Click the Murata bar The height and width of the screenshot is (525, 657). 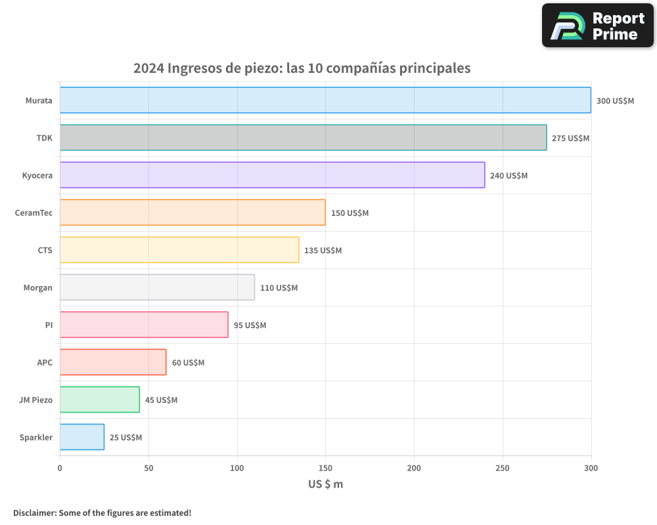(325, 100)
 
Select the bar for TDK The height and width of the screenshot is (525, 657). (303, 138)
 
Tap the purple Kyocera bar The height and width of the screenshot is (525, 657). (272, 175)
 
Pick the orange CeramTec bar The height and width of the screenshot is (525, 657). (193, 213)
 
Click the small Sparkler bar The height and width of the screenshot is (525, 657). (82, 437)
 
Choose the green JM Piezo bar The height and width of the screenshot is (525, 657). (100, 400)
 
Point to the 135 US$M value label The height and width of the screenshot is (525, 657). (323, 251)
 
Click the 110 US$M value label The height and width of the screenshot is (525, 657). (279, 288)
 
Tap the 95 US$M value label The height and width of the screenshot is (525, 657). (250, 325)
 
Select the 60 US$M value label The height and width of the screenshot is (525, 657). (188, 363)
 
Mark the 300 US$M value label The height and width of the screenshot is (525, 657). (615, 101)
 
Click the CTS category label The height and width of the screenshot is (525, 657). (45, 250)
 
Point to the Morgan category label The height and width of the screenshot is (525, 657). (37, 287)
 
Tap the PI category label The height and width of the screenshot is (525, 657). (49, 325)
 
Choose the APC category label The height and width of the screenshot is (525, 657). (45, 362)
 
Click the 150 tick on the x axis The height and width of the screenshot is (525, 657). (325, 468)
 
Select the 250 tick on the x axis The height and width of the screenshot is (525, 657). (503, 468)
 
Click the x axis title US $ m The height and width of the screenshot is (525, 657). (325, 484)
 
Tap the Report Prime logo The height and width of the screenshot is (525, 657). (597, 26)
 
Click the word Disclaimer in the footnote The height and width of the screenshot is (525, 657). (34, 513)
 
